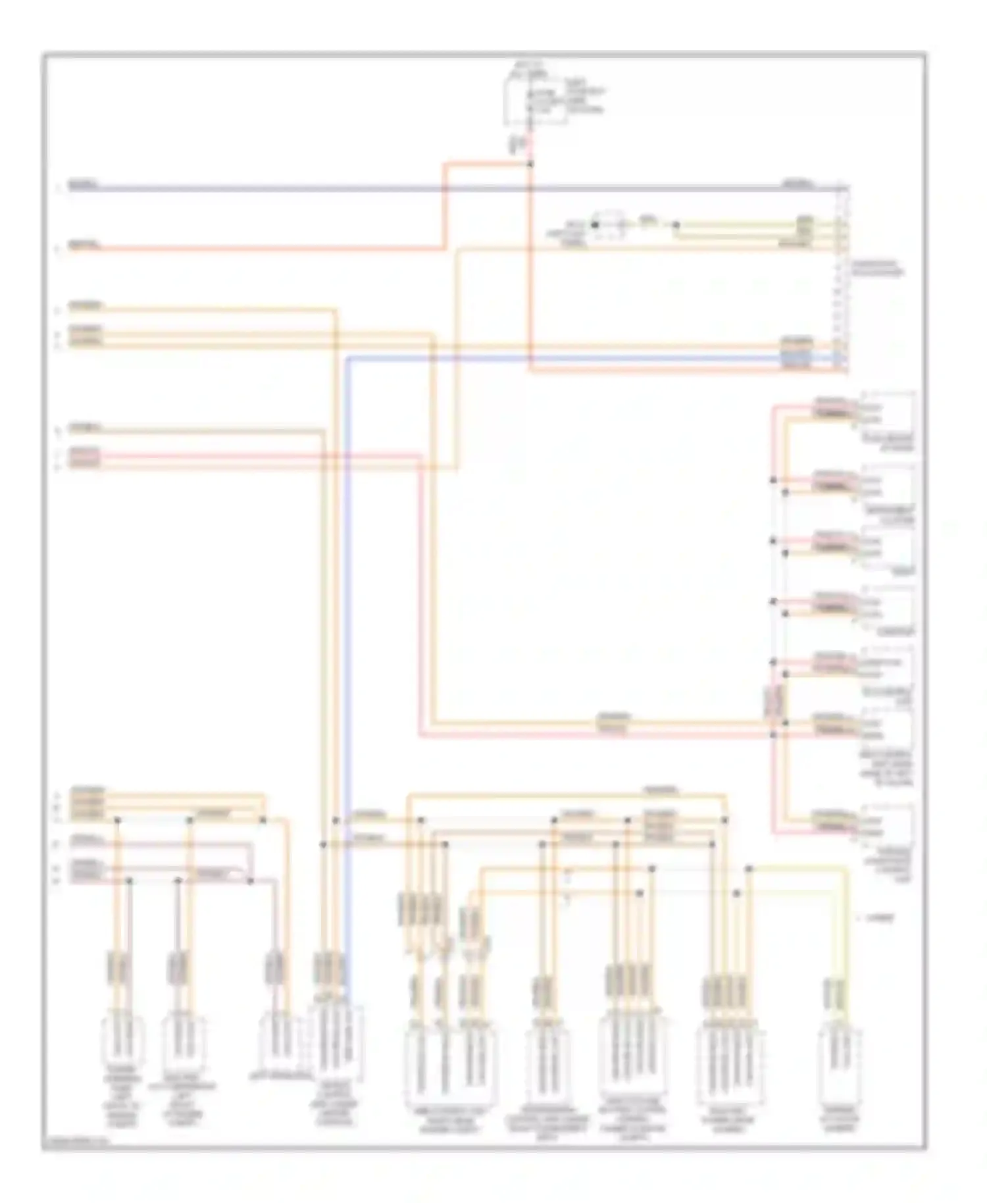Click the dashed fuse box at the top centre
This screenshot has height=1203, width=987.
tap(534, 101)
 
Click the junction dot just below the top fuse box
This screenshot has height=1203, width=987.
tap(530, 163)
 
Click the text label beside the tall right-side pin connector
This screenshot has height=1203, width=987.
tap(878, 269)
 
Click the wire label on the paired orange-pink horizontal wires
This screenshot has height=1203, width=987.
tap(613, 722)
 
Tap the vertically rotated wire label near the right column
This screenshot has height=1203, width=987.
tap(774, 702)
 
